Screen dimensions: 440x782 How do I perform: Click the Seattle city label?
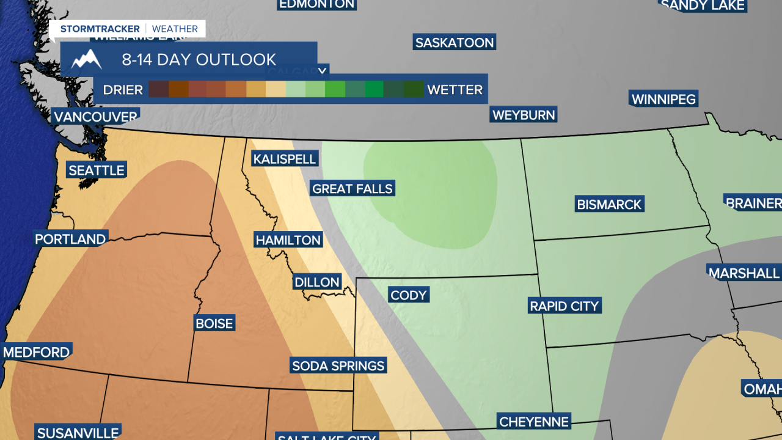[97, 170]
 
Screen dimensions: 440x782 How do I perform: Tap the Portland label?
[70, 239]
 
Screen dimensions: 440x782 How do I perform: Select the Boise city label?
[214, 323]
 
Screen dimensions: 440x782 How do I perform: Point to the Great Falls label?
[352, 189]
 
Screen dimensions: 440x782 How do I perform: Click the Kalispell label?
[285, 159]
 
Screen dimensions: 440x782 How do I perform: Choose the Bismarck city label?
[609, 205]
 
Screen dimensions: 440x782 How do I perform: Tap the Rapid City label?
[565, 306]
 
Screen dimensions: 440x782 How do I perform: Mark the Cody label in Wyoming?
[408, 296]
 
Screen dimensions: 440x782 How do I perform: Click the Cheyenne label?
[534, 422]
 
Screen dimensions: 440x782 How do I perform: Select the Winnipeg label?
[663, 100]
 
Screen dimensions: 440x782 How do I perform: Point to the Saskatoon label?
[454, 43]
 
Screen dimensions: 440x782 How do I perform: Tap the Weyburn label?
[524, 115]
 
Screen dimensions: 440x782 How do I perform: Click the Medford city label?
[37, 353]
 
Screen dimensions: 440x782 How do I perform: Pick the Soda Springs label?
[338, 366]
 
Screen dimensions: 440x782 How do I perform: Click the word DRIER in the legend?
[123, 90]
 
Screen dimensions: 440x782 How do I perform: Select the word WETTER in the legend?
[455, 90]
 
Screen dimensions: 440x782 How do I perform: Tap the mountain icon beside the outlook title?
[86, 59]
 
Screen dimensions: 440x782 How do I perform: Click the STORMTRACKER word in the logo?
[100, 29]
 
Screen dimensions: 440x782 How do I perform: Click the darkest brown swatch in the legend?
[159, 90]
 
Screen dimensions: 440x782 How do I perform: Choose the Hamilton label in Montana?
[288, 240]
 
